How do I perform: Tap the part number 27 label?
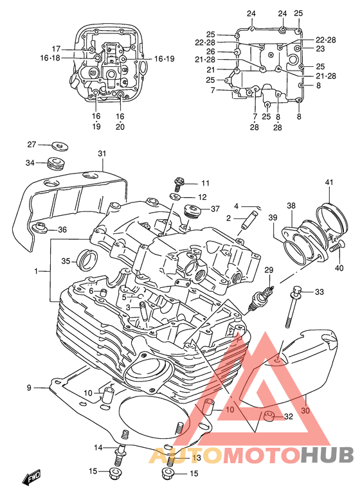pos(32,145)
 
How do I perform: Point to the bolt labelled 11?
pos(178,184)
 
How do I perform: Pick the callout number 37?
pos(215,209)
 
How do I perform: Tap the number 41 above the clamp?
pos(329,182)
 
